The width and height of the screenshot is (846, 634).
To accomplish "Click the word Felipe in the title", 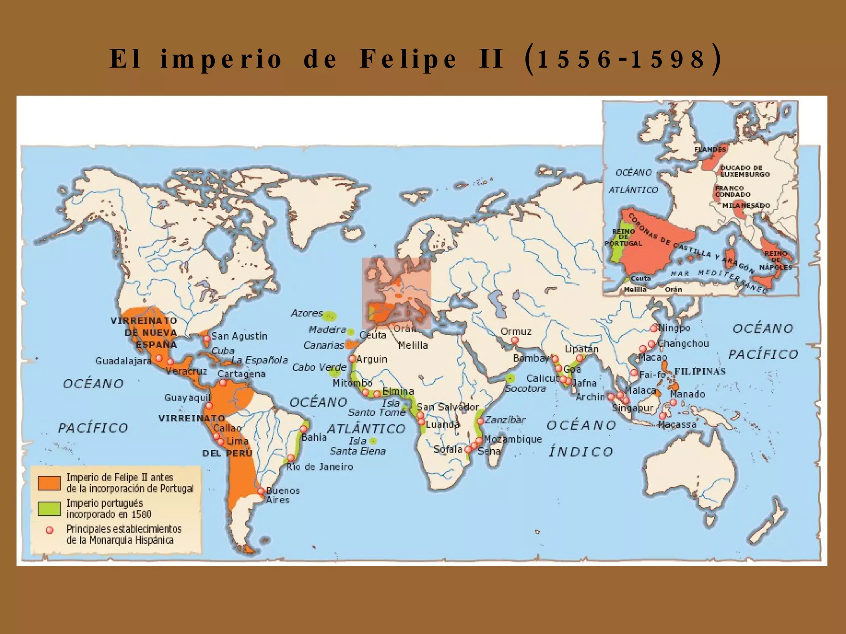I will (x=408, y=59).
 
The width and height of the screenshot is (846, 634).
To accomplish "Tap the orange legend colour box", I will (x=49, y=483).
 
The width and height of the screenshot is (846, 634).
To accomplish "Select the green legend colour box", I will (x=49, y=509).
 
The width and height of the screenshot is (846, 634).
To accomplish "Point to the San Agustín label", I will (x=240, y=336).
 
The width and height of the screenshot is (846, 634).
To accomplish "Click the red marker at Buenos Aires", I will (x=261, y=491).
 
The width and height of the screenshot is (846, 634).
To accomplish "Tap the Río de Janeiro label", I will (x=320, y=467).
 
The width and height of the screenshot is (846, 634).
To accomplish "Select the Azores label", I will (x=307, y=313).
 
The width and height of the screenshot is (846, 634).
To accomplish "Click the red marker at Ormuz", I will (x=515, y=340).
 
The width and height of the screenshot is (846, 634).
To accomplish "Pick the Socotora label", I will (x=525, y=389).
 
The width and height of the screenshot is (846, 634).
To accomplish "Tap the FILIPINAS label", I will (x=700, y=371).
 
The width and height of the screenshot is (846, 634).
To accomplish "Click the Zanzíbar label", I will (x=505, y=420).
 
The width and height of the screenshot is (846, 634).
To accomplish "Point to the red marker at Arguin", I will (x=352, y=359).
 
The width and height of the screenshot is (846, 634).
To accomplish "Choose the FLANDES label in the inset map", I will (x=710, y=149).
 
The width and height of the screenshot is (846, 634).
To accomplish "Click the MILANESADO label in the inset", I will (x=746, y=206).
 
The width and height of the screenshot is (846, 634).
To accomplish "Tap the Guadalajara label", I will (x=124, y=361).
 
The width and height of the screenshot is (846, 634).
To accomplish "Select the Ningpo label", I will (x=674, y=328).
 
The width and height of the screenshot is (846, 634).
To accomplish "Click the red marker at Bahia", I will (x=304, y=429).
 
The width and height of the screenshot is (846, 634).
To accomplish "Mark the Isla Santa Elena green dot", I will (x=373, y=441).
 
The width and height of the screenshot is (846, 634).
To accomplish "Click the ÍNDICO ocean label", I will (x=580, y=452).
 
